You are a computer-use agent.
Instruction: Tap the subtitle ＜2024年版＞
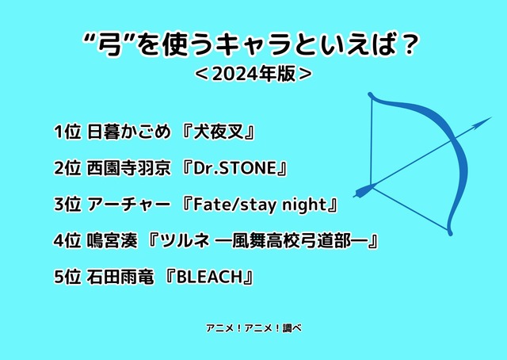(x=253, y=75)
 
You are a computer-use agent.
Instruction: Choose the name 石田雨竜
(x=119, y=278)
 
